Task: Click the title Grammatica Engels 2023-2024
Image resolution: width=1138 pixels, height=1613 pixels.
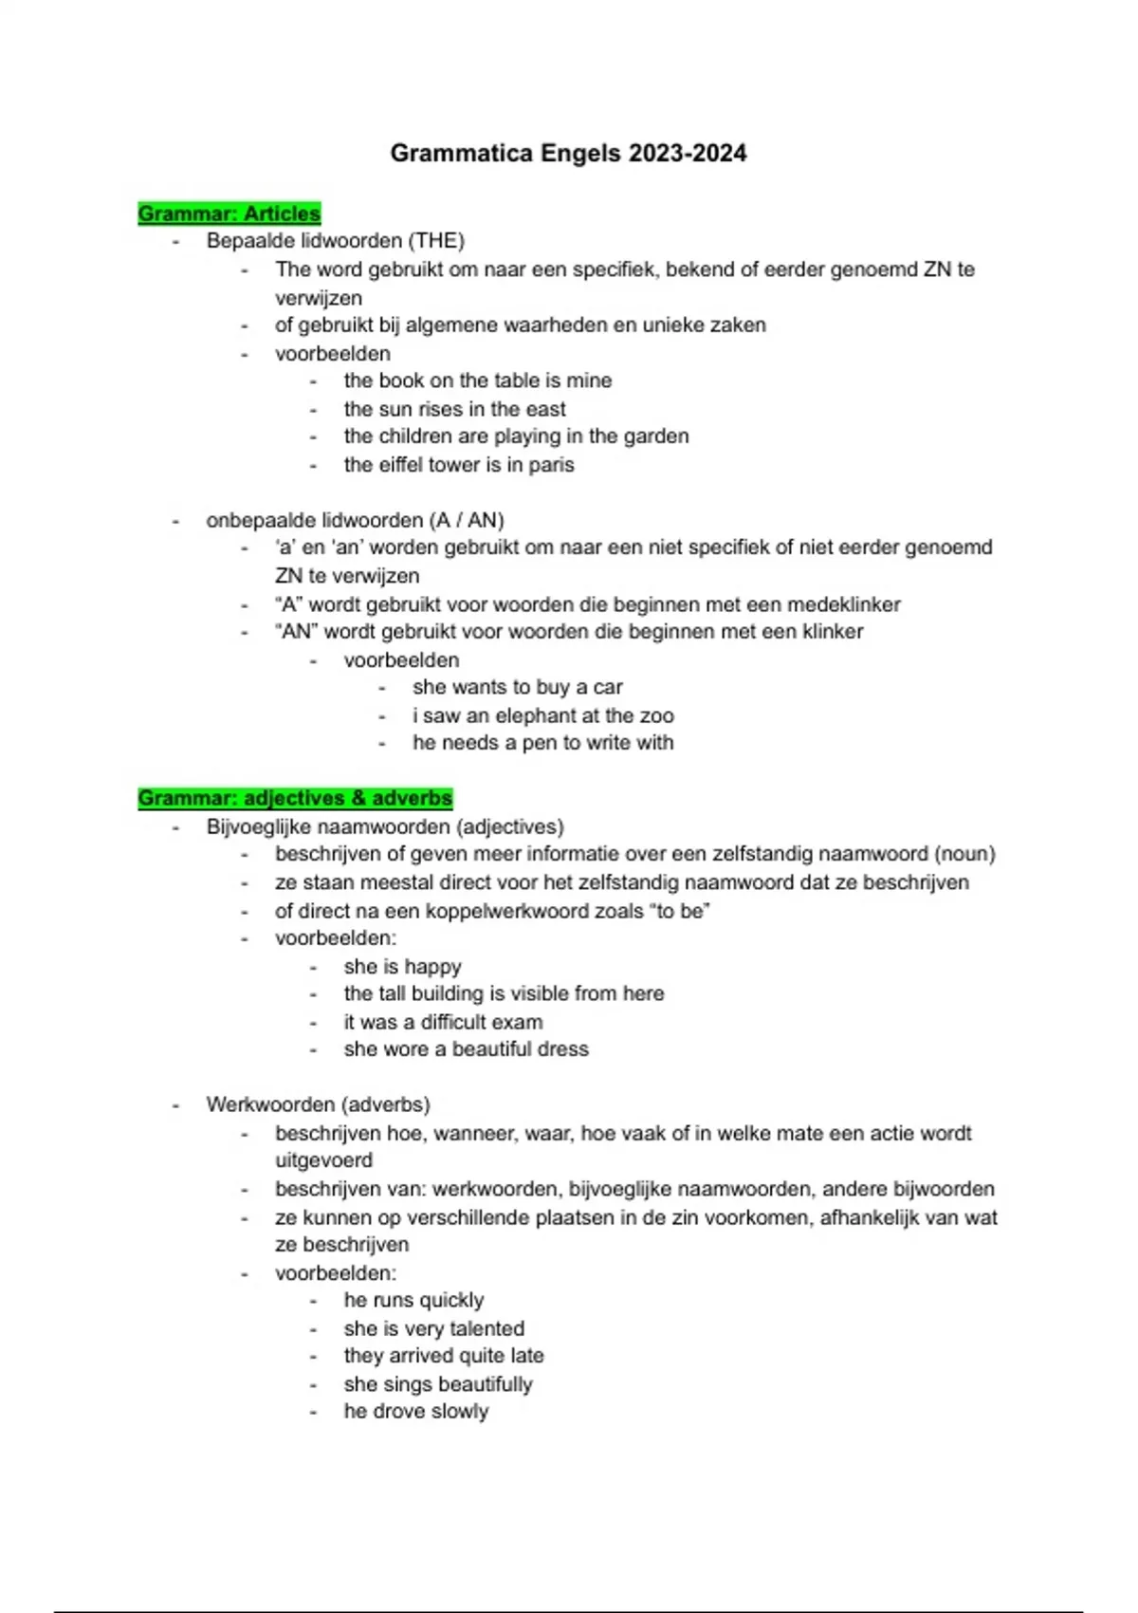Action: pyautogui.click(x=568, y=153)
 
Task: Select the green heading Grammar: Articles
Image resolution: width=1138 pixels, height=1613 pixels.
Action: pyautogui.click(x=229, y=213)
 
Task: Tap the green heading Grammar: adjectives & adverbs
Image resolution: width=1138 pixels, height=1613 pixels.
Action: pyautogui.click(x=295, y=798)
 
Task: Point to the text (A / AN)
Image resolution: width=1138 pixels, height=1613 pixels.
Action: pyautogui.click(x=466, y=520)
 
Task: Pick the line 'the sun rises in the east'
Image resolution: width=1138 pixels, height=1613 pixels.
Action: pyautogui.click(x=454, y=409)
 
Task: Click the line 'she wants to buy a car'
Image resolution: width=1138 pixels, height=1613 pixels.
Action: pyautogui.click(x=517, y=687)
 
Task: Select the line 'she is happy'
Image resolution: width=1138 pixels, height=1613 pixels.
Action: pyautogui.click(x=402, y=967)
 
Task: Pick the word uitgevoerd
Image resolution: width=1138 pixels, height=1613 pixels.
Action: pyautogui.click(x=323, y=1160)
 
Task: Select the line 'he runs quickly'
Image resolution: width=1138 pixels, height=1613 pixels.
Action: pyautogui.click(x=413, y=1300)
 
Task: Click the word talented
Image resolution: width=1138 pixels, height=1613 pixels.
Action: pyautogui.click(x=486, y=1328)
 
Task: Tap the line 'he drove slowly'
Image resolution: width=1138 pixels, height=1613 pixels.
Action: pyautogui.click(x=415, y=1411)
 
